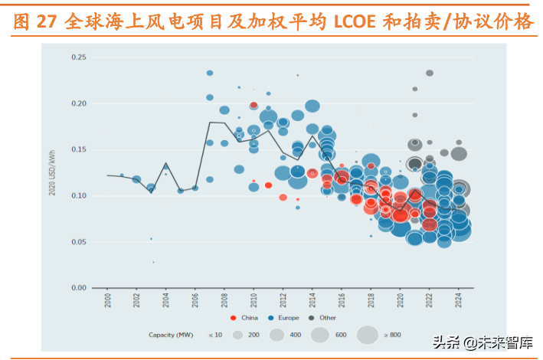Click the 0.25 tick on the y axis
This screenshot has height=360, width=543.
(78, 57)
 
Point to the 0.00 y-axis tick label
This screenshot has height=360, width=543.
(78, 288)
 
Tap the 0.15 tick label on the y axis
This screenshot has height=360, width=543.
(78, 149)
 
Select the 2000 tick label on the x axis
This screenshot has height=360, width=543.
(107, 301)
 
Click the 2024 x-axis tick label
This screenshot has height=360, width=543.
(459, 301)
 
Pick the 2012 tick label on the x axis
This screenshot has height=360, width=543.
(283, 301)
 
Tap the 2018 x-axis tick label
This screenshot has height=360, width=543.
(371, 301)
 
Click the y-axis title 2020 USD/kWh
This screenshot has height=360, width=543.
(53, 173)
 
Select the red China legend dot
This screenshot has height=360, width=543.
(232, 317)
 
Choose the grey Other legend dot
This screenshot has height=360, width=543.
(312, 317)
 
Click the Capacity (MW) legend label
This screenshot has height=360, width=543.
(169, 335)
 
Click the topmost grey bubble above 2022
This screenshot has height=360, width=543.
(430, 73)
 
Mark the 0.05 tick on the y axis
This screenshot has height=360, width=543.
(78, 242)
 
